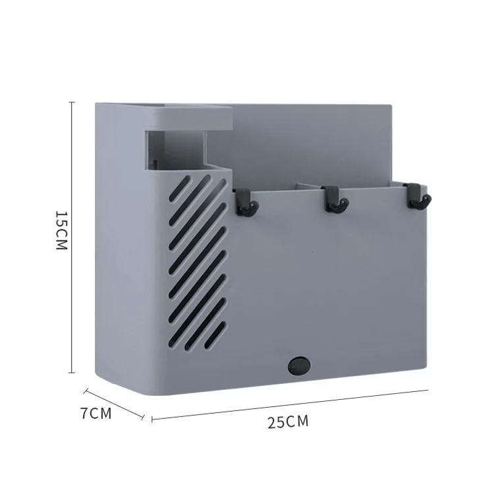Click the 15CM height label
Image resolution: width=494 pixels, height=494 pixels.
coord(62,231)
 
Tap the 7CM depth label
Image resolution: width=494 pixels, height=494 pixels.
coord(96,414)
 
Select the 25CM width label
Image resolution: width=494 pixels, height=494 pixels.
coord(288,422)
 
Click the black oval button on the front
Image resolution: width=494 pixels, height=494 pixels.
coord(299,366)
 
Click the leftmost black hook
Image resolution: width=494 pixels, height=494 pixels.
coord(246,202)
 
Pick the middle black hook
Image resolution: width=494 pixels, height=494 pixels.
coord(336,200)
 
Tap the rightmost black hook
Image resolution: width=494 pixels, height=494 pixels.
coord(418,196)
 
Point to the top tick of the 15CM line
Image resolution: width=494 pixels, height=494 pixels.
coord(72,102)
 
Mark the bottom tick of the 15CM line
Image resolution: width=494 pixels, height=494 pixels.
coord(72,373)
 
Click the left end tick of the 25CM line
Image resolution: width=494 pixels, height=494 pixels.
coord(152,419)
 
